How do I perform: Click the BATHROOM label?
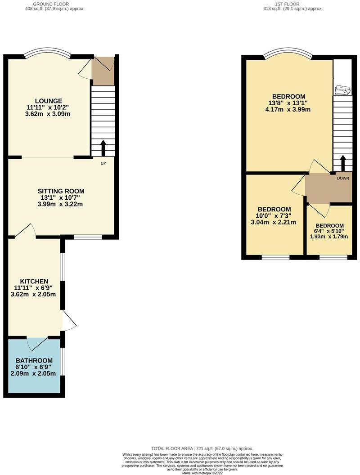point(34,361)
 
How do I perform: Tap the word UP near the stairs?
point(103,163)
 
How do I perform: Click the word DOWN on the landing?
point(343,178)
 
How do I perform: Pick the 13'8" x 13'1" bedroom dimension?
point(288,103)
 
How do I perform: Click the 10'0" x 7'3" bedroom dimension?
point(274,216)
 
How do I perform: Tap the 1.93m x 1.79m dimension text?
point(329,237)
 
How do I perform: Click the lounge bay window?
point(47,54)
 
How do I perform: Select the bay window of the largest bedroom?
point(288,55)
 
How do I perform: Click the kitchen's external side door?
point(68,320)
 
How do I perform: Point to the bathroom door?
point(37,343)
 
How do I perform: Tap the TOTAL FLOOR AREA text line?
point(202,448)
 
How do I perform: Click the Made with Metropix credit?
point(202,472)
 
